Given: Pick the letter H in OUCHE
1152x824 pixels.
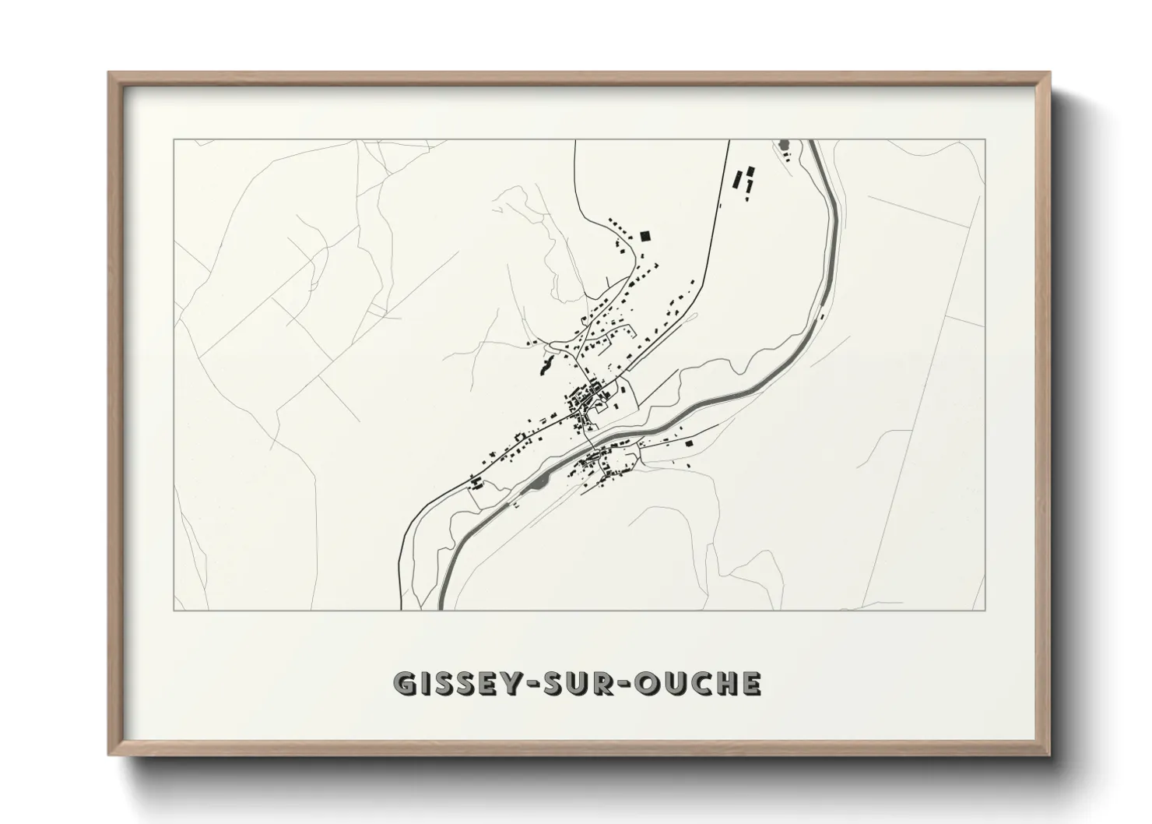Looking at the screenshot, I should tap(725, 683).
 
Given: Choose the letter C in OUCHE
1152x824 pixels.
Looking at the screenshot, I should tap(699, 683).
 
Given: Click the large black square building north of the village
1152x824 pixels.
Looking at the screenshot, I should tap(644, 236).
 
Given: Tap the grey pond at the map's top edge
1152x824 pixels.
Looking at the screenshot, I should tap(782, 145).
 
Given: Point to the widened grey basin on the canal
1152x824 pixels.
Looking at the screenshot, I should tap(539, 486).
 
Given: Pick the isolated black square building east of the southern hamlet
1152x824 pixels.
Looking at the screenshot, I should tap(688, 442).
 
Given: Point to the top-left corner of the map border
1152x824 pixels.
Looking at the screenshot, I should tap(174, 140).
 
